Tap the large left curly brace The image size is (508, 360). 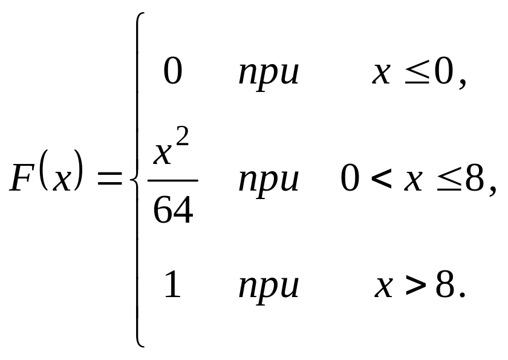click(137, 180)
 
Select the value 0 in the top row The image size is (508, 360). click(172, 73)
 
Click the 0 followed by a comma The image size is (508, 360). click(446, 73)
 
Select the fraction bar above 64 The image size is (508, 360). click(172, 180)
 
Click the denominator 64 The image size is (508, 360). click(172, 210)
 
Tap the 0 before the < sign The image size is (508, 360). click(350, 180)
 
